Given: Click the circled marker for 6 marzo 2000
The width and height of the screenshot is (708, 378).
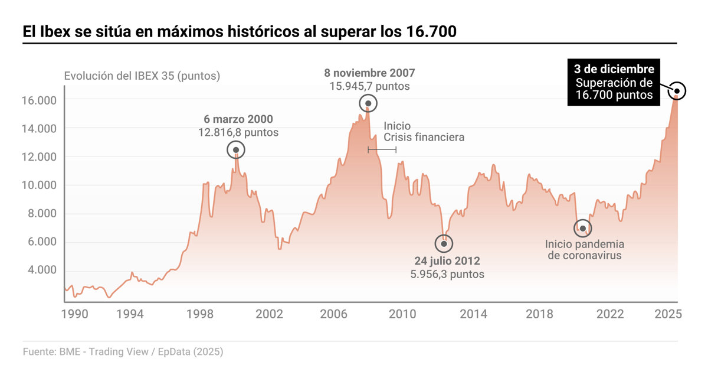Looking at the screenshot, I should tap(236, 150).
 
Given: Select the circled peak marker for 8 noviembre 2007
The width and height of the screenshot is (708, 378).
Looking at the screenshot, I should tap(368, 103).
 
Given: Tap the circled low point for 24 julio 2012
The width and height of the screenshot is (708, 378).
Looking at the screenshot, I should tap(444, 243).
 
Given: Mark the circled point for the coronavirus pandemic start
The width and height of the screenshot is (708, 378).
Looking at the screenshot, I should tap(582, 228).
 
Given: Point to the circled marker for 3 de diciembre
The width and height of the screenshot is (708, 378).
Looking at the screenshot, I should tap(677, 90).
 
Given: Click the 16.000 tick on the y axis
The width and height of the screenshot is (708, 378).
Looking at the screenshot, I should tap(40, 100).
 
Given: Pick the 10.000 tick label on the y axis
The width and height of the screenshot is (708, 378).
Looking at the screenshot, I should tap(40, 185).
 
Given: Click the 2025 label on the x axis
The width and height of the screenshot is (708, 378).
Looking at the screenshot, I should tap(669, 314).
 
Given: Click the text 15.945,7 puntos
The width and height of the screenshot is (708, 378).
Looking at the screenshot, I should tap(369, 86).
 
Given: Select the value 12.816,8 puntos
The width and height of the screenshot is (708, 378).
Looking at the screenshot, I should tap(238, 133).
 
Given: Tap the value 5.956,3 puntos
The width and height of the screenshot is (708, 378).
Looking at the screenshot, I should tap(447, 274).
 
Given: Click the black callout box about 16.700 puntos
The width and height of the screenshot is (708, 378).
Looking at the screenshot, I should tap(614, 82).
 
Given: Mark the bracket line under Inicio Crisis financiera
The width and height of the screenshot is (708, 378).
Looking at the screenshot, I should tap(382, 149).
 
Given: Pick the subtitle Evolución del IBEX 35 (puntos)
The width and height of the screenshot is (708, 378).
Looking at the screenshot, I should tap(142, 76).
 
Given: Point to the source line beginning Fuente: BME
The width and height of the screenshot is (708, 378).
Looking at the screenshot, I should tap(123, 352).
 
